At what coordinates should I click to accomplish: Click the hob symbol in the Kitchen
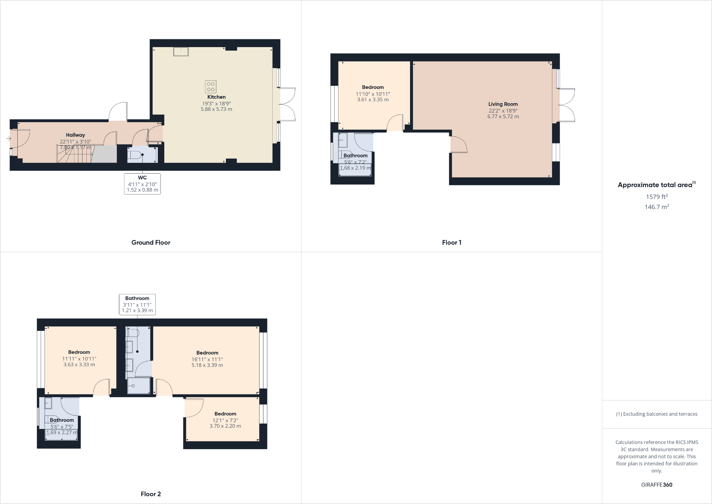(x=210, y=86)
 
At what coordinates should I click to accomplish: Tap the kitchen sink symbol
(x=181, y=51)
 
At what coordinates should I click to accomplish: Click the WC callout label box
(x=142, y=183)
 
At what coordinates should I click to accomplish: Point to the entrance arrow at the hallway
(x=8, y=138)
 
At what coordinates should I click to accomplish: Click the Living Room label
(x=503, y=104)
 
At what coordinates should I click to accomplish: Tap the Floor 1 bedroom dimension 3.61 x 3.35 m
(x=373, y=100)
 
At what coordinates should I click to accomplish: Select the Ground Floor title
(x=151, y=243)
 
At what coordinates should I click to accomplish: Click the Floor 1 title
(x=451, y=243)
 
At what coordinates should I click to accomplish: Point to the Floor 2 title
(x=151, y=494)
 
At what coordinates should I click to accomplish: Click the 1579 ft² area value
(x=657, y=197)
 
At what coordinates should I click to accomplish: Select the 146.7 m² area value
(x=657, y=207)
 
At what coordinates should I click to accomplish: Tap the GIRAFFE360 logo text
(x=657, y=485)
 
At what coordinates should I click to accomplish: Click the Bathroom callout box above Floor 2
(x=137, y=304)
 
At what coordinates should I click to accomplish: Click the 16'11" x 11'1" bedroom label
(x=207, y=359)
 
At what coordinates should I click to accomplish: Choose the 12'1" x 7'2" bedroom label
(x=225, y=420)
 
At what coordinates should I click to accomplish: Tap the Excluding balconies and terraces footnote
(x=657, y=414)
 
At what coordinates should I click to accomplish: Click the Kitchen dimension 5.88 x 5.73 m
(x=216, y=109)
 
